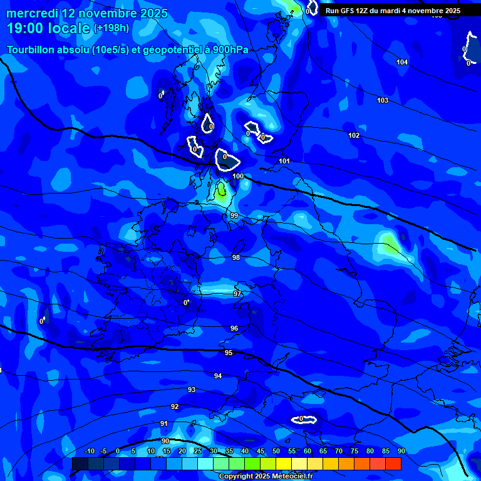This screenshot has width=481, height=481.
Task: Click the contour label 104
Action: (x=402, y=62)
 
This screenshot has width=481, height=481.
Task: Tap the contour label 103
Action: (x=383, y=100)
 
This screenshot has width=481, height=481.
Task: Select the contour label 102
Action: (x=354, y=135)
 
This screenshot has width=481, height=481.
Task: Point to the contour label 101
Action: (x=284, y=161)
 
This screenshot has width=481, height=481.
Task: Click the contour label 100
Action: (x=238, y=177)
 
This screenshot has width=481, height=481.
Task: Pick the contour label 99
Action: (x=234, y=215)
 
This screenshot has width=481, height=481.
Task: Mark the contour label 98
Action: (x=236, y=257)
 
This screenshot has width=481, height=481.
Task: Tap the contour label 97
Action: (x=237, y=294)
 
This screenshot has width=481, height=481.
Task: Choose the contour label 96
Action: (x=234, y=328)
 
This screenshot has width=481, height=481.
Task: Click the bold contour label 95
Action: (x=229, y=353)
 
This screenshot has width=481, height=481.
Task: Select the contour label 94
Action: (x=218, y=376)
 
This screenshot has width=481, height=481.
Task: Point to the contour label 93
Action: (x=192, y=390)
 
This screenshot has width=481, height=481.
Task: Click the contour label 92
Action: (x=175, y=406)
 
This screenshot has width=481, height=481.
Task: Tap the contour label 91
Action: (x=164, y=423)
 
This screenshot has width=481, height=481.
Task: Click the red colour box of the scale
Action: (x=393, y=463)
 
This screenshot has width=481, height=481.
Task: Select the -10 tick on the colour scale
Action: (x=89, y=451)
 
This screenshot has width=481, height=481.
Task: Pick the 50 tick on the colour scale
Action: (x=276, y=451)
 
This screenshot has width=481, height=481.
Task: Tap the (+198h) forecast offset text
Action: (x=112, y=28)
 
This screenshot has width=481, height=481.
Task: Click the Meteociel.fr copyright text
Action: (x=266, y=476)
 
